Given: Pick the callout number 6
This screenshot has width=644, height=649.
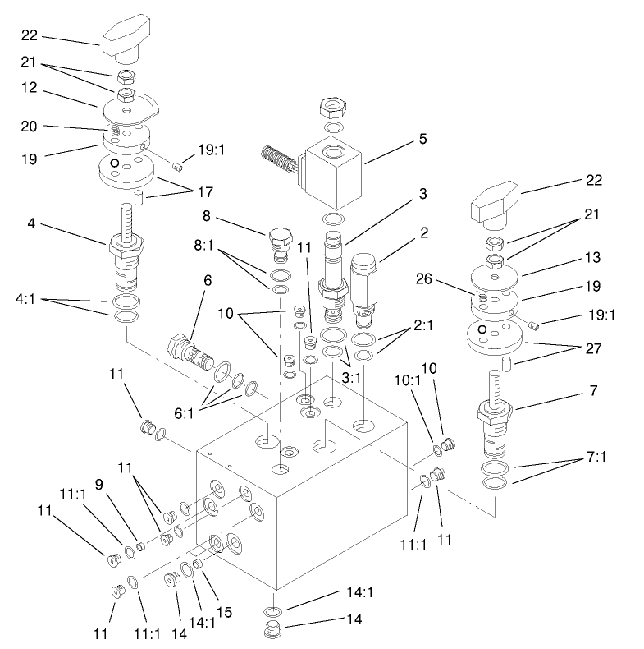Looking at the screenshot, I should coord(208,280).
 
